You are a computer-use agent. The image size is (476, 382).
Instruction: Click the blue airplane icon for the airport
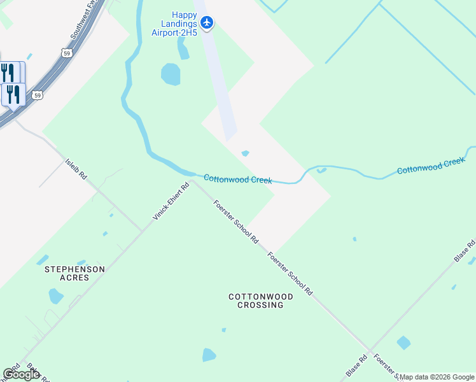[x=206, y=23]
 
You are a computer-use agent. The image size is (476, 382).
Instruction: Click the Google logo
[x=21, y=374]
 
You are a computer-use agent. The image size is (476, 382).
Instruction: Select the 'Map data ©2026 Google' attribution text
[x=437, y=377]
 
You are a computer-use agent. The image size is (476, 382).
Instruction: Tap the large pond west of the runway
[x=171, y=74]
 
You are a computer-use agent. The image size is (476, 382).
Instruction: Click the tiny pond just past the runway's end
[x=245, y=153]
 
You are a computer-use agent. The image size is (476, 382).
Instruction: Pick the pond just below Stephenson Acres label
[x=56, y=296]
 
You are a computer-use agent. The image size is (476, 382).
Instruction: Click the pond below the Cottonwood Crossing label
[x=209, y=355]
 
